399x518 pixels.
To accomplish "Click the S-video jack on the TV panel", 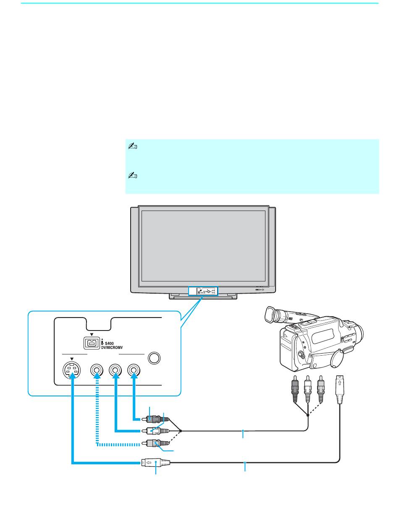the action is point(71,370).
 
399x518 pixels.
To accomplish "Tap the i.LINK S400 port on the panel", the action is point(92,343).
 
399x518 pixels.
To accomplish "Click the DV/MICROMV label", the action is point(112,348).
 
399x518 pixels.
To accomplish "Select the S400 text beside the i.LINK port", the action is point(109,344).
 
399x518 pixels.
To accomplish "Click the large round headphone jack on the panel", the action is point(154,358).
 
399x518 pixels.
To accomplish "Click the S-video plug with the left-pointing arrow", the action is point(155,463).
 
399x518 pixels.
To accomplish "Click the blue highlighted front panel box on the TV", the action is point(203,291).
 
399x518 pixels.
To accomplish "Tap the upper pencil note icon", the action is point(133,146).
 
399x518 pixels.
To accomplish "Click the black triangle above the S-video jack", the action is point(72,359).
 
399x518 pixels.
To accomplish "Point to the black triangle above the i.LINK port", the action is point(92,335).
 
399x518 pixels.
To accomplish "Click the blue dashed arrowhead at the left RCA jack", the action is point(97,375).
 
